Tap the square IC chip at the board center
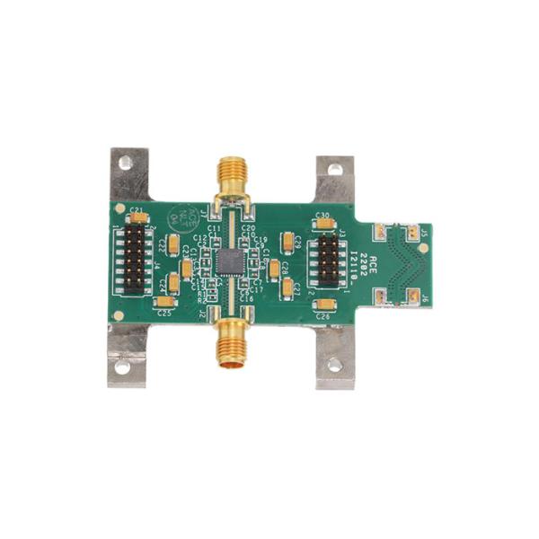click(231, 261)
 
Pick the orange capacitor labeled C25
click(164, 302)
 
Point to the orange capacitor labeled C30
click(324, 224)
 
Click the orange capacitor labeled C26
click(324, 305)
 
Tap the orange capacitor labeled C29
click(287, 242)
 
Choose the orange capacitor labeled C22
click(173, 244)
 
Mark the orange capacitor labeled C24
click(172, 283)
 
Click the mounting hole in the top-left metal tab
click(126, 163)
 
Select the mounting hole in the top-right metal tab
click(335, 168)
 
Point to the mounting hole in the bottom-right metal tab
click(334, 365)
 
